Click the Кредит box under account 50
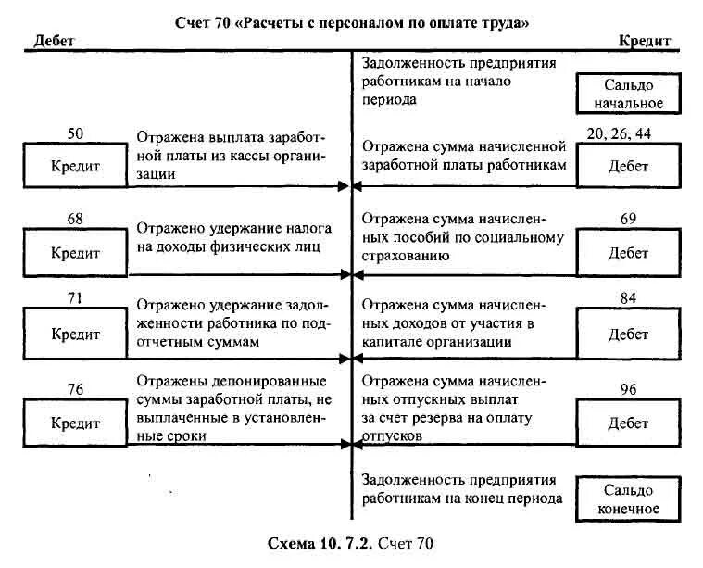click(x=75, y=167)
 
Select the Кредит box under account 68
click(x=75, y=252)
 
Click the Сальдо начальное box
click(x=629, y=94)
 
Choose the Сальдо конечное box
click(x=630, y=499)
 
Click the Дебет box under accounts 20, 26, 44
click(x=628, y=167)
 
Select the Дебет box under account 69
click(x=628, y=252)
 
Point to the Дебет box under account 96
click(x=628, y=423)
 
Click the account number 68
click(x=75, y=221)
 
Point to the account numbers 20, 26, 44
click(x=619, y=133)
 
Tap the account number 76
click(x=76, y=389)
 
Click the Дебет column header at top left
click(x=55, y=41)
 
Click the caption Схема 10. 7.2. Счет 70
click(x=349, y=543)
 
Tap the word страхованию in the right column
click(x=405, y=255)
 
